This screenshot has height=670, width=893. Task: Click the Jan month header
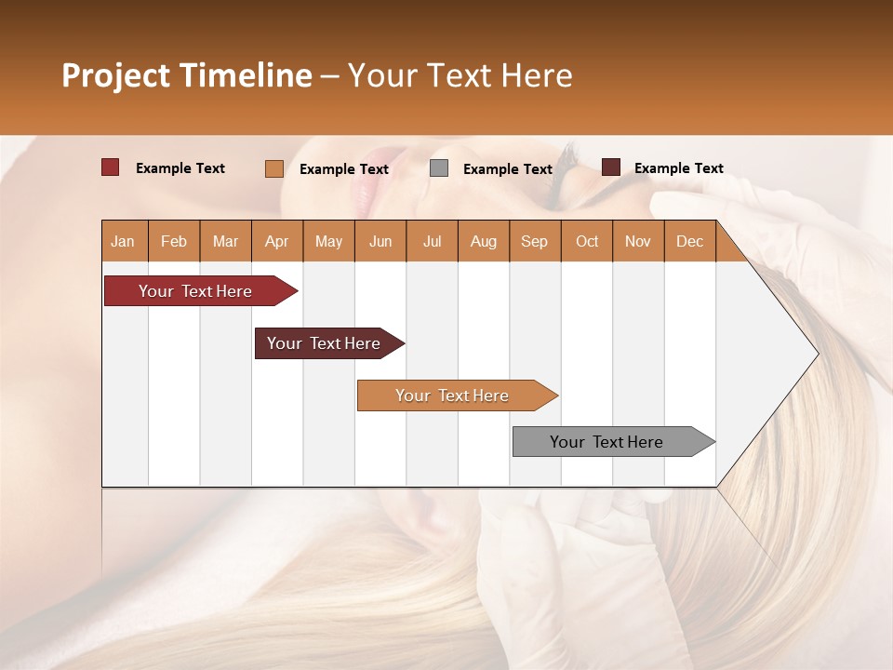(123, 241)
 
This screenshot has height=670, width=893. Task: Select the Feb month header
(174, 241)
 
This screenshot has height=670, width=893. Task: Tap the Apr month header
(276, 241)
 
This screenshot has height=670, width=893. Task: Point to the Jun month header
(380, 241)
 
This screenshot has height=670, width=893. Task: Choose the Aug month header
(483, 241)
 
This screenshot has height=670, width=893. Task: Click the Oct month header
(587, 241)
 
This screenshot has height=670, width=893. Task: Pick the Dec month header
(689, 241)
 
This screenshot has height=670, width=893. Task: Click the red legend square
(111, 167)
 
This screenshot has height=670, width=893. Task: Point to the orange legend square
(274, 168)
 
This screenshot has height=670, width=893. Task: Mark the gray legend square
(439, 168)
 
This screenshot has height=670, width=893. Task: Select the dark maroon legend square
(611, 167)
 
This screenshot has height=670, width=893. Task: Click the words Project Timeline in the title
(187, 75)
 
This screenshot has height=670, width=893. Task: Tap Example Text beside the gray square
(507, 169)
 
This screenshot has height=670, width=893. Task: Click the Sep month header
(534, 241)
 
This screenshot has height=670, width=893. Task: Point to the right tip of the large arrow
(816, 354)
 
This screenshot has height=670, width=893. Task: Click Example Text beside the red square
(180, 168)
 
